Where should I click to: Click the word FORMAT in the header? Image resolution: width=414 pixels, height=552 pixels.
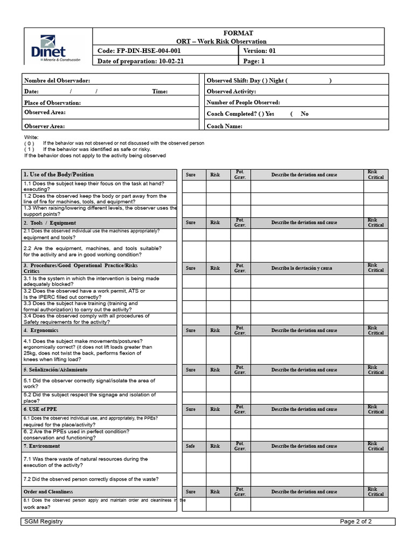(x=238, y=33)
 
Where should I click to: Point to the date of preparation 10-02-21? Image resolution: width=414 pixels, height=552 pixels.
(x=141, y=61)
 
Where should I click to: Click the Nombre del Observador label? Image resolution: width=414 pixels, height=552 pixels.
(x=57, y=80)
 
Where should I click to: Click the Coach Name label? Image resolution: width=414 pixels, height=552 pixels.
(x=224, y=126)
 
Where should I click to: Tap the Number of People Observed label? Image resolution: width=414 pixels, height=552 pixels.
(x=243, y=102)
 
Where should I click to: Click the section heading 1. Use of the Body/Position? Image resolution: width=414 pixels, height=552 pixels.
(x=59, y=175)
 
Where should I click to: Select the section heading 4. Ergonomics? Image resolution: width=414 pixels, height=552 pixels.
(x=42, y=330)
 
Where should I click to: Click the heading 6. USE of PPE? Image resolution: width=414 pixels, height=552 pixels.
(x=40, y=409)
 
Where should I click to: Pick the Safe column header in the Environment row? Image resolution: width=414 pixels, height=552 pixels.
(x=191, y=446)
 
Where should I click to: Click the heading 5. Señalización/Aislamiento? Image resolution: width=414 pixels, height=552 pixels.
(x=56, y=370)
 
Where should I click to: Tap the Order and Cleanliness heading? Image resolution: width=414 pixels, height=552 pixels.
(x=49, y=492)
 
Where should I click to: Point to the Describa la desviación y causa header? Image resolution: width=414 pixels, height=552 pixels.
(x=301, y=268)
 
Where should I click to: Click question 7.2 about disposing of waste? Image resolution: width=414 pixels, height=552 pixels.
(x=91, y=479)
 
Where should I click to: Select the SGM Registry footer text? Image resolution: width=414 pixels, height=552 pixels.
(x=44, y=521)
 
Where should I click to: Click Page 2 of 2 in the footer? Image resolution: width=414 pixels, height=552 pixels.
(x=356, y=521)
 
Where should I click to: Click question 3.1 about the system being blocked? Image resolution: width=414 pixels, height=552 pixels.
(x=91, y=281)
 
